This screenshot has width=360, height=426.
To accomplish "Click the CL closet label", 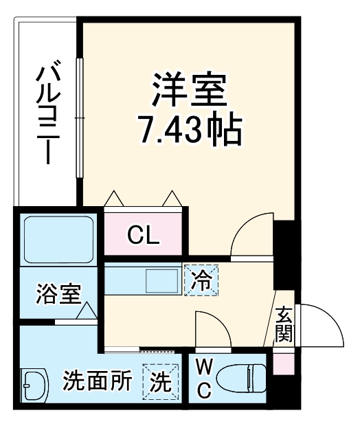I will click(144, 236).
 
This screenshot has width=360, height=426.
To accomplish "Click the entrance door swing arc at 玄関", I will click(321, 326).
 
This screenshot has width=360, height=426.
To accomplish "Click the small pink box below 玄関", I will click(282, 363).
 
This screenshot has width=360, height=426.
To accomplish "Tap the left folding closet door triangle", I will click(114, 198).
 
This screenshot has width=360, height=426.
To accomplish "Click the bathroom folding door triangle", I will click(87, 313).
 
